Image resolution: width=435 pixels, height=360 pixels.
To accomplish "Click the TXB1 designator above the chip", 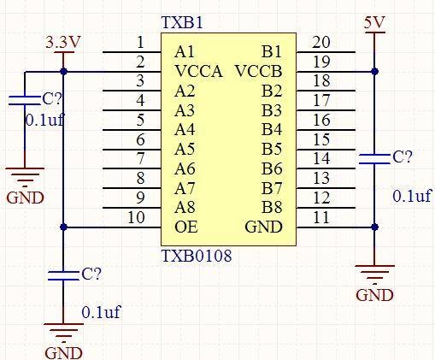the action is (182, 22).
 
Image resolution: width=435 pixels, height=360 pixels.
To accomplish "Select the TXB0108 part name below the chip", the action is (197, 256).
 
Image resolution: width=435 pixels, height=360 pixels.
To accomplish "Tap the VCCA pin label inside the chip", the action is (198, 71).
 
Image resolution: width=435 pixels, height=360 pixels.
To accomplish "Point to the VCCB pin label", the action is (259, 71).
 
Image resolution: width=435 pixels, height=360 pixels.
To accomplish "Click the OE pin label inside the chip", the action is (186, 227).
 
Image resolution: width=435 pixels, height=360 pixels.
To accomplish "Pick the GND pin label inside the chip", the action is (264, 227).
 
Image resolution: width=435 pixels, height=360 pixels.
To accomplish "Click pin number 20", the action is (321, 42).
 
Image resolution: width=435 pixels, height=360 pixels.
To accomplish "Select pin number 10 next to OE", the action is (136, 217).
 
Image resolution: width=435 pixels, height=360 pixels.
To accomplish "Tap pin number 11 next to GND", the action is (321, 217).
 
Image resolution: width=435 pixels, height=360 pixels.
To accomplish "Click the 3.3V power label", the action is (63, 43).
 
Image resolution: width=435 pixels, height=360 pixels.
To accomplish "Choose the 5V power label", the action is (374, 22).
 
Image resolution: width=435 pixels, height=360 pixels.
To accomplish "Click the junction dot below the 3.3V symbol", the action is (63, 72).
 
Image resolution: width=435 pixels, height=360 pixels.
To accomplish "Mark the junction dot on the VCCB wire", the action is (375, 71).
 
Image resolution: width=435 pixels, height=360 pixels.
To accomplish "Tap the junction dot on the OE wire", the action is (63, 227).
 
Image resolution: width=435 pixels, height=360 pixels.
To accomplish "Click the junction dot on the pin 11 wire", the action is (375, 227).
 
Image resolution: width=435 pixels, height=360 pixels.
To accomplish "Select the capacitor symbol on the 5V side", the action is (374, 159).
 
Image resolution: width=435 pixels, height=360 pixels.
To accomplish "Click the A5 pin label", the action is (185, 149).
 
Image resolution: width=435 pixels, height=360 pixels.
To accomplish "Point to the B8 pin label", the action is (272, 207).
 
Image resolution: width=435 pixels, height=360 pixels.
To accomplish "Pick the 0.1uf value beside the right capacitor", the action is (412, 196).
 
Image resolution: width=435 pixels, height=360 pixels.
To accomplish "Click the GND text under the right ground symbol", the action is (374, 295).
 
